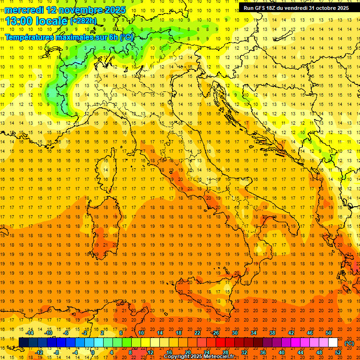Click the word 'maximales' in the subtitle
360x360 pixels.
75,37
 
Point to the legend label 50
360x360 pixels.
329,333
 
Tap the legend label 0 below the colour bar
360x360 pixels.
93,352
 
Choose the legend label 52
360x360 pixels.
338,352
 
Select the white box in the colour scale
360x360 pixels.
333,343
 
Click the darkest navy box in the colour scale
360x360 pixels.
23,343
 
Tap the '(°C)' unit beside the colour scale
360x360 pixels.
349,343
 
